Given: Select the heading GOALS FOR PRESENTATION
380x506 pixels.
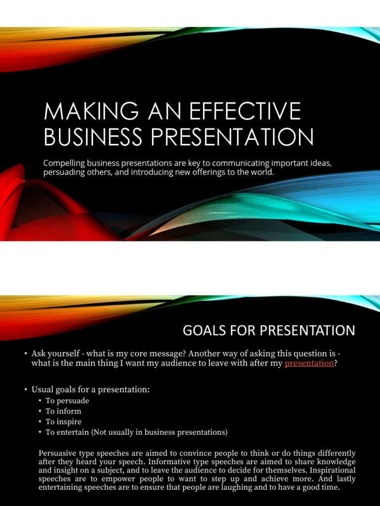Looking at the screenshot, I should click(269, 331).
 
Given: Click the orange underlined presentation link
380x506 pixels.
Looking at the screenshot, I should click(309, 363).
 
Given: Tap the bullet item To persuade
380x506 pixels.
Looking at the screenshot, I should click(67, 401).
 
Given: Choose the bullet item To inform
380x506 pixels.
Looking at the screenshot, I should click(63, 411).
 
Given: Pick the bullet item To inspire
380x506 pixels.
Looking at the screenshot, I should click(64, 422).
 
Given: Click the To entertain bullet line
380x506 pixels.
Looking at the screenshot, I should click(137, 432).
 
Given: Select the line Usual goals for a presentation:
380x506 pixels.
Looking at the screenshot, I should click(90, 389).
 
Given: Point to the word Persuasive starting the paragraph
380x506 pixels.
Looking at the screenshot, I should click(59, 453).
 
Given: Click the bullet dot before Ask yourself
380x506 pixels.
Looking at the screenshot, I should click(25, 354).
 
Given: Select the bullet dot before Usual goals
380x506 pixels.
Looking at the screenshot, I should click(25, 390).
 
